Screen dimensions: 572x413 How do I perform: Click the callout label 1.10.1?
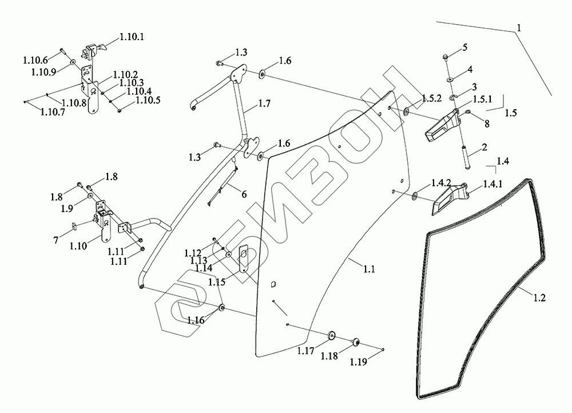point(132,37)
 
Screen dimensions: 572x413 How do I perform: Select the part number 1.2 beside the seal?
point(539,298)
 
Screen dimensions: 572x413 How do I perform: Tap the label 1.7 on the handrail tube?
point(264,104)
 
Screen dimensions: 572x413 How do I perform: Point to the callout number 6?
point(244,194)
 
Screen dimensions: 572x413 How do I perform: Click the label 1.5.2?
point(432,98)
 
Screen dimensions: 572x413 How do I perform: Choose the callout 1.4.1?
point(492,184)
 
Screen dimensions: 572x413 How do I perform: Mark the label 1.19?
point(358,362)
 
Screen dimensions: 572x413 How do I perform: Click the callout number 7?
point(56,240)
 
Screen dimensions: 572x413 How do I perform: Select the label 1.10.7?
point(52,112)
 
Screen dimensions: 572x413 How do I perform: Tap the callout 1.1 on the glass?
point(369,269)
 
